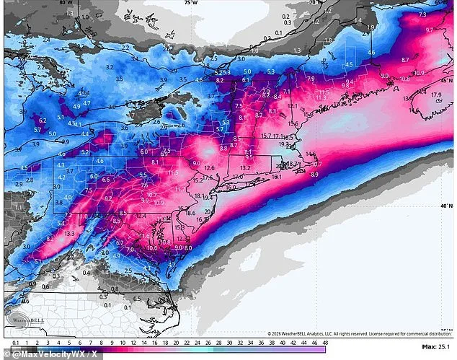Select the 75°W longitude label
pos(190,3)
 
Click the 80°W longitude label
pos(66,3)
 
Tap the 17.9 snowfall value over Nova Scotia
pos(435,95)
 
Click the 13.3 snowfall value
pos(69,234)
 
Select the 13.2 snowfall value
pos(245,168)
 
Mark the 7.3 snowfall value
pos(422,14)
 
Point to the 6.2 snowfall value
pos(43,120)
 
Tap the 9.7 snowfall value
pos(430,30)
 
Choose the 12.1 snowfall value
pos(292,106)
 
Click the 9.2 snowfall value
pos(108,198)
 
